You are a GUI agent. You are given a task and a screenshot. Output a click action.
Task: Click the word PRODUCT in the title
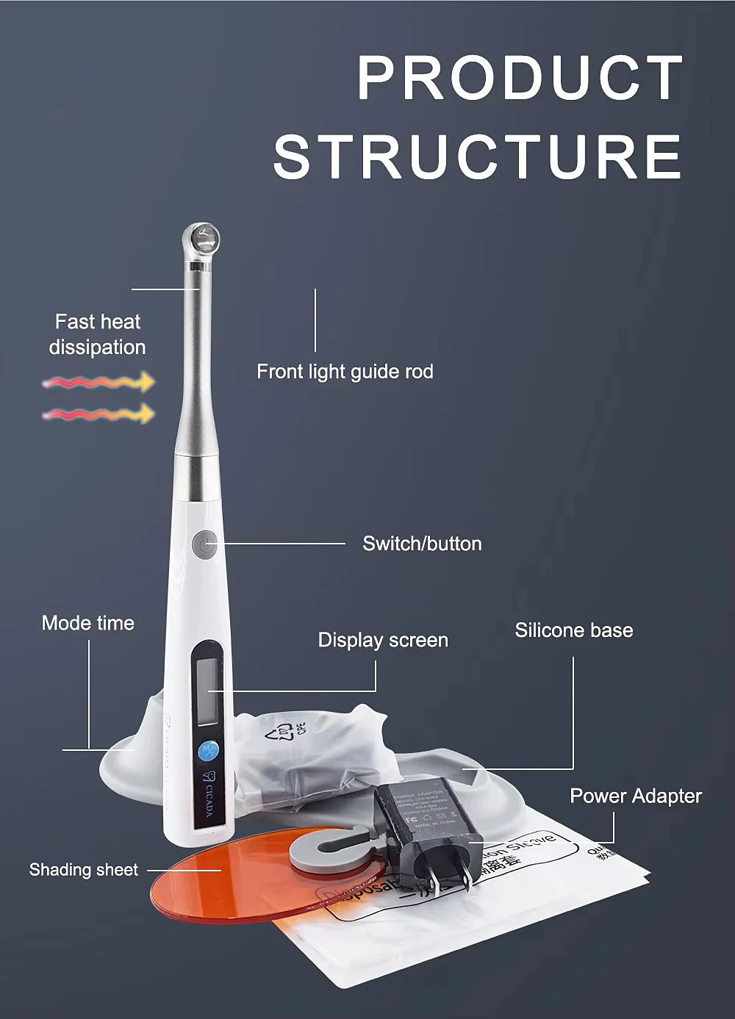520,78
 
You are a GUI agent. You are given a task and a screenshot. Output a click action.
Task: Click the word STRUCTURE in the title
478,156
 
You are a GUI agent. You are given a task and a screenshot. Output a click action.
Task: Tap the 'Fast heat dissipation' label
98,334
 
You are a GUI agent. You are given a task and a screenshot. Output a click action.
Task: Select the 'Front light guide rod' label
345,372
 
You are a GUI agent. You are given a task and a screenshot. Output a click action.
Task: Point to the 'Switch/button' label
422,544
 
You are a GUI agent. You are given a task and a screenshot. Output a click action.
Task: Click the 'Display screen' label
383,640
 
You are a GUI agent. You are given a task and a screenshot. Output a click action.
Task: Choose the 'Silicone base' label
573,630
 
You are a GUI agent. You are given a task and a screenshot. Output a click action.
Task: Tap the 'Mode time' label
88,623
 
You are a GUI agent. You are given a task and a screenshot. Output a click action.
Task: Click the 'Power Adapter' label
636,796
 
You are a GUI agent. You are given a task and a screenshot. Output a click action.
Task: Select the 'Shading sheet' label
84,870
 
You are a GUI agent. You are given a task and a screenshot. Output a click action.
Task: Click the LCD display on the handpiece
207,691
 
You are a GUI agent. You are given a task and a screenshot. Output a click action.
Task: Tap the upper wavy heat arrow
98,382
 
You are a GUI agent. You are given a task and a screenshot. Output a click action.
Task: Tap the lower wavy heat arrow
98,414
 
